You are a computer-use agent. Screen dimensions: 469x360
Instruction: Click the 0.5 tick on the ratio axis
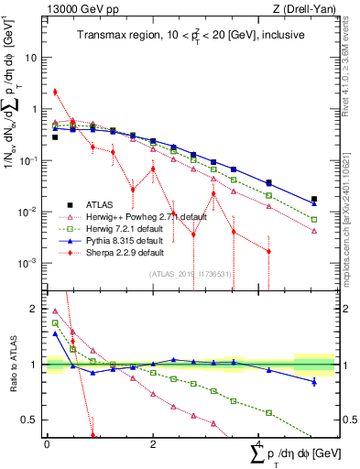[30, 420]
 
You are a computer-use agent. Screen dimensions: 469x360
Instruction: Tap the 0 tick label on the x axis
[47, 444]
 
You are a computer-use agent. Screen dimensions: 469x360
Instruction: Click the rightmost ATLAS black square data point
[314, 199]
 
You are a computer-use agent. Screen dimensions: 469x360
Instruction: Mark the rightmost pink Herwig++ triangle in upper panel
[314, 231]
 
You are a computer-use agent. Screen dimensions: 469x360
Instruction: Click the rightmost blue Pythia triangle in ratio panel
[314, 381]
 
